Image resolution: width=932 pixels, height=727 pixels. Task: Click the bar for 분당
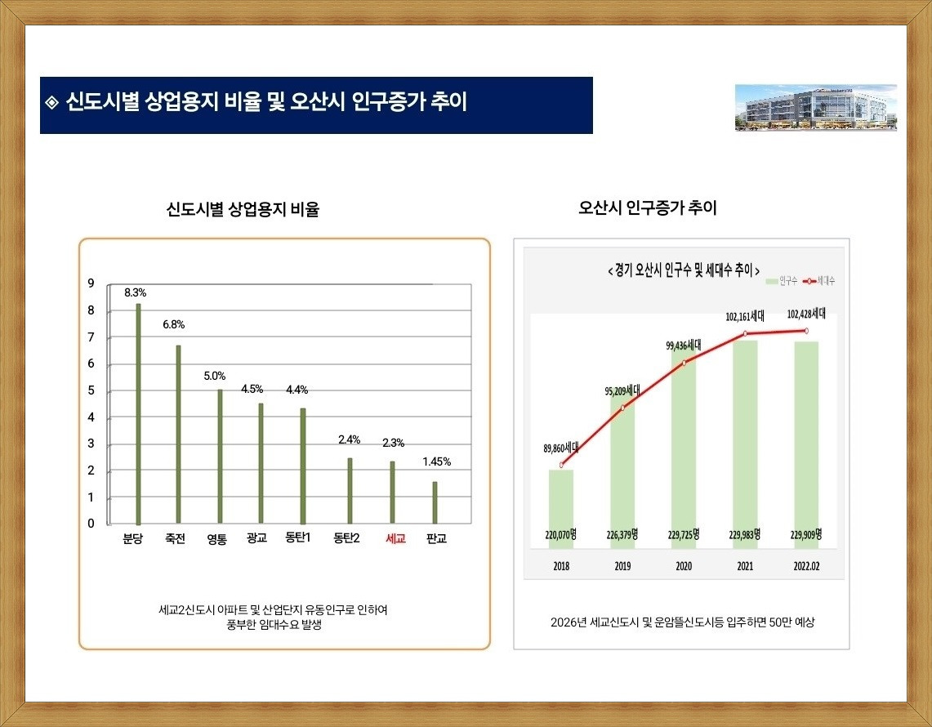pyautogui.click(x=139, y=413)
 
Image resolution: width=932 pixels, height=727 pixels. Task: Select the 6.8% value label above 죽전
pyautogui.click(x=174, y=324)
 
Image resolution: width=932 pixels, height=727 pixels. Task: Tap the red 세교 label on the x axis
pyautogui.click(x=395, y=539)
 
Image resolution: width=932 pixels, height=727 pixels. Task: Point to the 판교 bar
pyautogui.click(x=435, y=502)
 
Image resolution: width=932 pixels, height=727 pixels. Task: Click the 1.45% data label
pyautogui.click(x=437, y=462)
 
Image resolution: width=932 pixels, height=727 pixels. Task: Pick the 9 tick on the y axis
pyautogui.click(x=91, y=283)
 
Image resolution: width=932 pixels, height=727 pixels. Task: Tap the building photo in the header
pyautogui.click(x=815, y=107)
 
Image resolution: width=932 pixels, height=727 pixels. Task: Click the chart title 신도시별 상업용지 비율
pyautogui.click(x=243, y=210)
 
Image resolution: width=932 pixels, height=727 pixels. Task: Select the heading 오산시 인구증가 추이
pyautogui.click(x=647, y=208)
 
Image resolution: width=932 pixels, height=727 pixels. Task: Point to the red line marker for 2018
pyautogui.click(x=561, y=465)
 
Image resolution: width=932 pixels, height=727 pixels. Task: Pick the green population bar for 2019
pyautogui.click(x=622, y=466)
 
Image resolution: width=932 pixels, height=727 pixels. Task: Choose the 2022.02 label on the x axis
pyautogui.click(x=806, y=565)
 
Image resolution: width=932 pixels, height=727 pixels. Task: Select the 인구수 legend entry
pyautogui.click(x=781, y=280)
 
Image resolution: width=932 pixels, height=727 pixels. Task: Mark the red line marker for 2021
pyautogui.click(x=746, y=334)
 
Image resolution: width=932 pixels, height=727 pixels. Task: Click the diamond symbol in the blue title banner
pyautogui.click(x=52, y=104)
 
